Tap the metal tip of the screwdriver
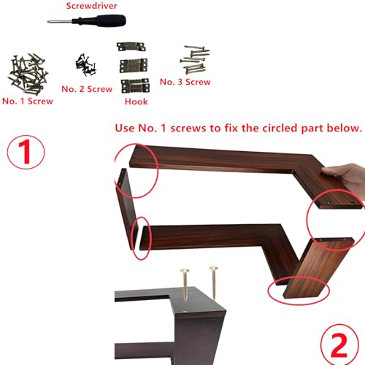coord(49,22)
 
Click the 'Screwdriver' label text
coord(91,6)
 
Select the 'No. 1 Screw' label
coord(28,101)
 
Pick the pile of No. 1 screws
coord(28,74)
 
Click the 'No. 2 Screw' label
coord(87,89)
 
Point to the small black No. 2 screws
coord(85,65)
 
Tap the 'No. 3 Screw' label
coord(185,82)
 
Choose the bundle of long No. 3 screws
coord(195,60)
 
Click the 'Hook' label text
coord(136,101)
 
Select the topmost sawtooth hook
coord(131,47)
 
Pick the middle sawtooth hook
coord(134,66)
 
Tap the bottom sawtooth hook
coord(135,86)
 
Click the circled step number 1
coord(26,152)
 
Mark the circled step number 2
coord(339,345)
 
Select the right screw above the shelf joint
coord(214,283)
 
